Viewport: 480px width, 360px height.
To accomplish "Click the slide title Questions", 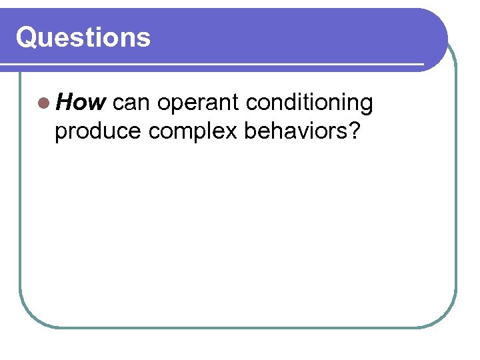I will tap(83, 37).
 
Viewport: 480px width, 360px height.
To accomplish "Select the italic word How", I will tap(81, 103).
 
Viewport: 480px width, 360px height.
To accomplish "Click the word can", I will tap(132, 103).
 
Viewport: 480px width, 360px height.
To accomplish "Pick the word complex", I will tap(193, 132).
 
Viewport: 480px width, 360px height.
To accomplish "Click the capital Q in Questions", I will tap(27, 38).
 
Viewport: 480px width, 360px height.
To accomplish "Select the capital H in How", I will tap(65, 103).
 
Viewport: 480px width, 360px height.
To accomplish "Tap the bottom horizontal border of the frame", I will tap(237, 327).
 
